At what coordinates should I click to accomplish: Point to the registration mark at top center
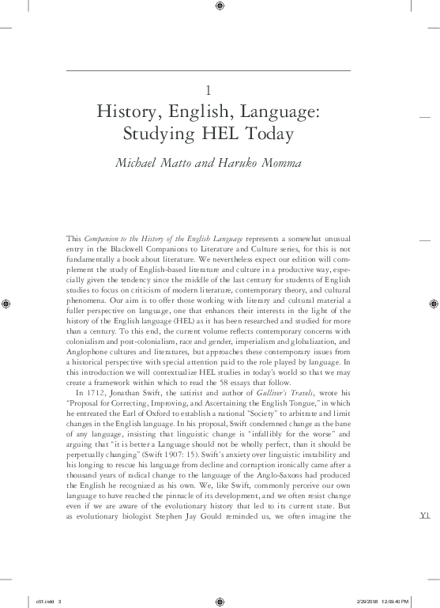pyautogui.click(x=220, y=8)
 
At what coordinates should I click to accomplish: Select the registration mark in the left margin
pyautogui.click(x=8, y=304)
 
